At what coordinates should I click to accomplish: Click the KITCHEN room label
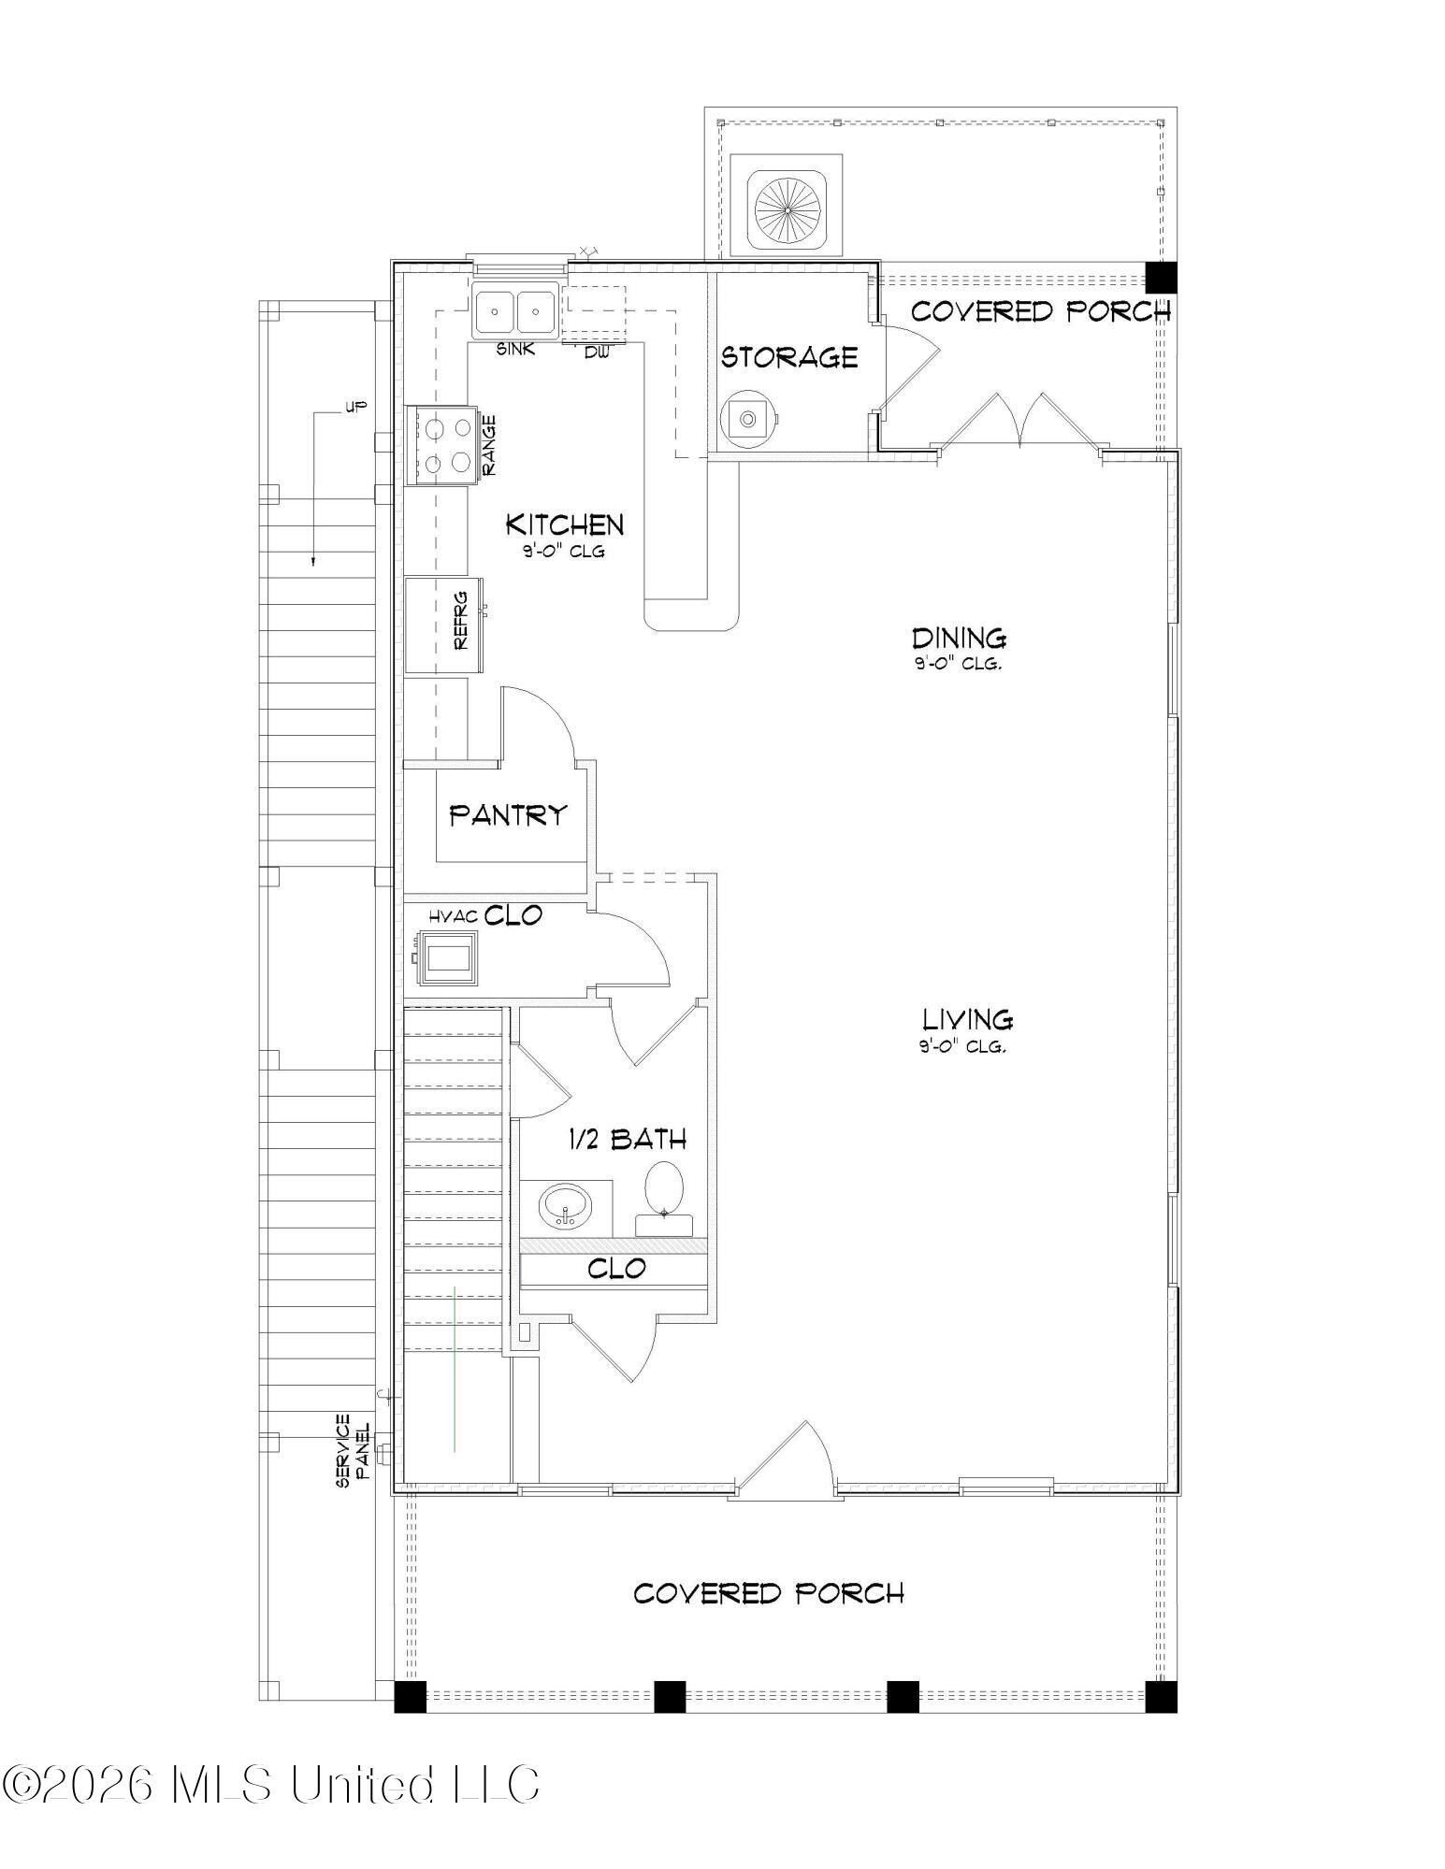(564, 524)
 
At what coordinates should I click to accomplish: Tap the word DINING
(959, 639)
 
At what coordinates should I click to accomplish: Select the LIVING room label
(967, 1018)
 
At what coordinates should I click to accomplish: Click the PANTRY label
(508, 814)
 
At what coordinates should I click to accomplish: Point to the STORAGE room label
(788, 357)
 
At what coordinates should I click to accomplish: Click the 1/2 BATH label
(628, 1138)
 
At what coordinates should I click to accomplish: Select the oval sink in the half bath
(566, 1206)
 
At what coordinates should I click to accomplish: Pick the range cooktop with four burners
(445, 445)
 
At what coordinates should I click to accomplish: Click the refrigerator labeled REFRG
(443, 625)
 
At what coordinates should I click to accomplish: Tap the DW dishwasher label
(596, 352)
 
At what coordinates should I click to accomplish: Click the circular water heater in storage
(747, 418)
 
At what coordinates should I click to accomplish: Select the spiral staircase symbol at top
(788, 210)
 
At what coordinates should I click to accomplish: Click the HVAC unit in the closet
(448, 960)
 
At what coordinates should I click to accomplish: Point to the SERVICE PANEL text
(352, 1450)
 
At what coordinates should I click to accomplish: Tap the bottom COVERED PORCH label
(768, 1593)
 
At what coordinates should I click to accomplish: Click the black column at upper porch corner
(1161, 277)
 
